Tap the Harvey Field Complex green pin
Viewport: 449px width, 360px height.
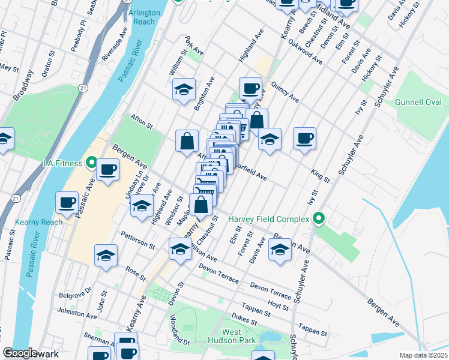(319, 219)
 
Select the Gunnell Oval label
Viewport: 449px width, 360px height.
(418, 103)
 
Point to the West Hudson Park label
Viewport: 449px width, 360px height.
(232, 336)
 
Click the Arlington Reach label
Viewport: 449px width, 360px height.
(144, 17)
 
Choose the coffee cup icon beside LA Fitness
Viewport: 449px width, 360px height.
(107, 169)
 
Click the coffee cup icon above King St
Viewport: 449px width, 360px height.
(304, 139)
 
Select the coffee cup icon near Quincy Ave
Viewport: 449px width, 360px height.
(250, 89)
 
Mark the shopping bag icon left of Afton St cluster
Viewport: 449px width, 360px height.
(187, 141)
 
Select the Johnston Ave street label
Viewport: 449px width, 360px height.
(77, 313)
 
